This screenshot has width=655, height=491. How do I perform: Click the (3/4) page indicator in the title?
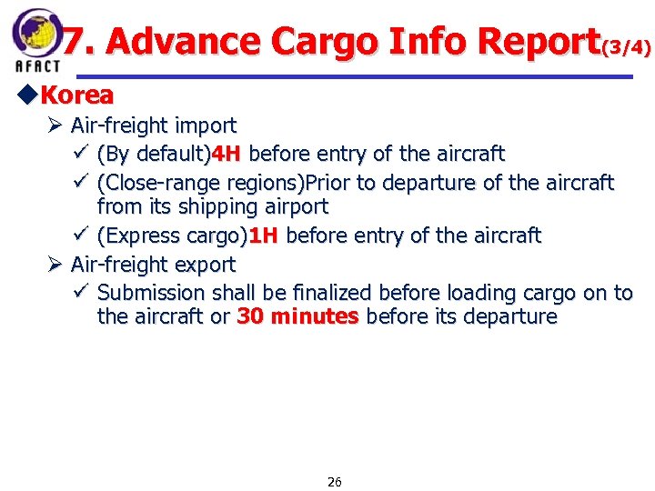(626, 45)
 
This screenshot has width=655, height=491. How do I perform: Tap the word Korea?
(77, 95)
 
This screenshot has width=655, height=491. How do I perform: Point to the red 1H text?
(263, 235)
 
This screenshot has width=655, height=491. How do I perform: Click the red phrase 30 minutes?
(297, 316)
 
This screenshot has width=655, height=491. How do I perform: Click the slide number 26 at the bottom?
(334, 482)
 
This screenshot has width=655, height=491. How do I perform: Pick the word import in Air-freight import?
(205, 125)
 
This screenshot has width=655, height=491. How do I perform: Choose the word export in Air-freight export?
(205, 265)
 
